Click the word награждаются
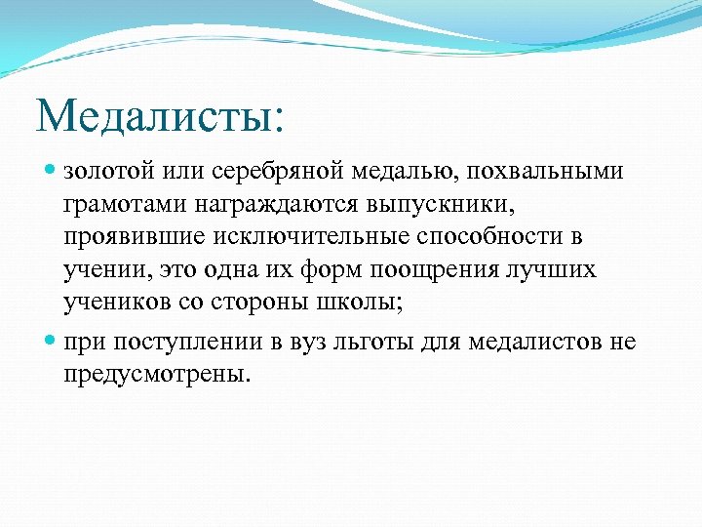tap(261, 206)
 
